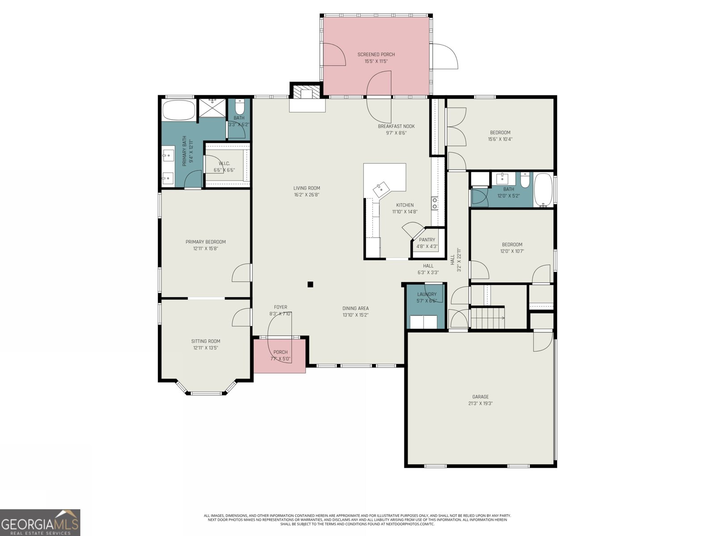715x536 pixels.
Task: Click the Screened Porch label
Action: (x=376, y=54)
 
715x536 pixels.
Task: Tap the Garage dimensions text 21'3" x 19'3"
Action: (x=480, y=403)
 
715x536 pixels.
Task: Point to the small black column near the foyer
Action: (x=310, y=285)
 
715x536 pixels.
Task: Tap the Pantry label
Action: (x=427, y=240)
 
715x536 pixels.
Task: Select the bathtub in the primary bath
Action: (x=179, y=110)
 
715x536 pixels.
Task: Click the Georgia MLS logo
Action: (x=40, y=523)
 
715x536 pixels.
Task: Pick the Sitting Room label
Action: (x=206, y=341)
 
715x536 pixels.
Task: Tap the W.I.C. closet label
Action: (x=224, y=163)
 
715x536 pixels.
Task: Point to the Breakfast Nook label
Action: (x=396, y=126)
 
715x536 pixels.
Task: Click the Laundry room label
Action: (x=426, y=294)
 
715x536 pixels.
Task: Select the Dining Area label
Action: (x=355, y=308)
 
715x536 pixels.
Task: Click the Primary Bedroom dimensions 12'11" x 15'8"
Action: (x=206, y=248)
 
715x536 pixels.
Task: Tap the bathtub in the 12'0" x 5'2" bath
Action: (x=543, y=190)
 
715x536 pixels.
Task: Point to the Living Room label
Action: (x=307, y=188)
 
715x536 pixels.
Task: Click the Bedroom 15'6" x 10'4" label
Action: (x=500, y=133)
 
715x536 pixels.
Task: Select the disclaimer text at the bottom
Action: (x=357, y=519)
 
